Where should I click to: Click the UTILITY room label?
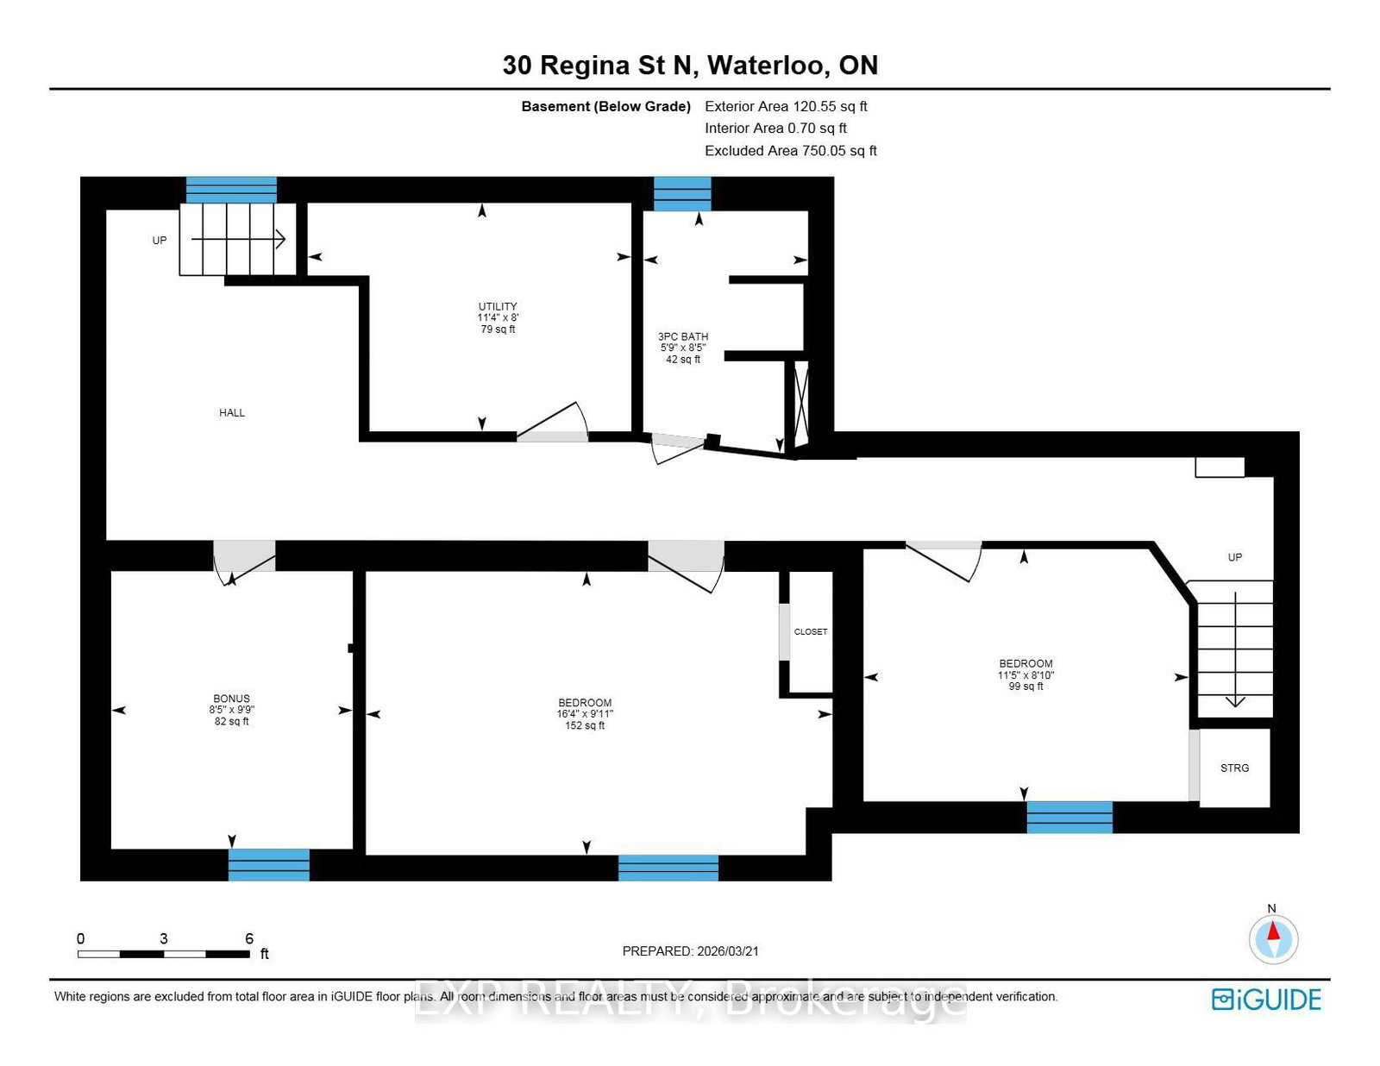498,307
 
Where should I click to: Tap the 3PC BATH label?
682,337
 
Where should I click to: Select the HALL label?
232,413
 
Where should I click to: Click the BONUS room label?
231,699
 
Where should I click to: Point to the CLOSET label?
810,632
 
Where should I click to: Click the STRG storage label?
1234,768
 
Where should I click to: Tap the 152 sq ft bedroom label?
585,714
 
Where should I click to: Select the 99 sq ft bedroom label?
1026,674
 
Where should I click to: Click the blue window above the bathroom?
681,193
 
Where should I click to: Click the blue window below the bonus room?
268,864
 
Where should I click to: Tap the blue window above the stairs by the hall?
231,190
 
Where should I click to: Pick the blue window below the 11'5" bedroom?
1069,817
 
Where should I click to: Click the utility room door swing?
555,423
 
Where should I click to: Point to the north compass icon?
1272,938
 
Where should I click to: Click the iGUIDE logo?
1265,1000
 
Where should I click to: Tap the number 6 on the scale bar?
249,938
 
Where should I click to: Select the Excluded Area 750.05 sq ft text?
790,151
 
